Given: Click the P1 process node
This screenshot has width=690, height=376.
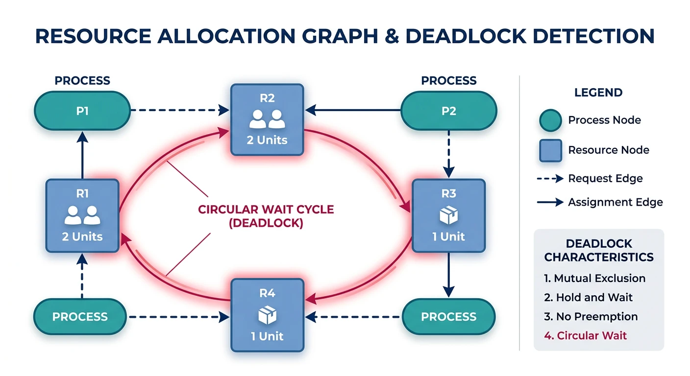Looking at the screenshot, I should [x=82, y=111].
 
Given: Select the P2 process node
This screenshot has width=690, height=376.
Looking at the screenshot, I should [x=448, y=111].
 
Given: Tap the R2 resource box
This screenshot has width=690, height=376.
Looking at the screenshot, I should [x=267, y=119].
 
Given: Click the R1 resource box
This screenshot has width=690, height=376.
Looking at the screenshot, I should [x=82, y=215].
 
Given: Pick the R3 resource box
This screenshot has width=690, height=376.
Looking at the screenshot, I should [x=448, y=215].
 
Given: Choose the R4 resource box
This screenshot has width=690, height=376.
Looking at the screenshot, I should [x=267, y=315].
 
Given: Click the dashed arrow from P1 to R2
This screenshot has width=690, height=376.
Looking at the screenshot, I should [x=179, y=110].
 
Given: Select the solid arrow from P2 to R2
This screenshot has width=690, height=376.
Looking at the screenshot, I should [x=353, y=110].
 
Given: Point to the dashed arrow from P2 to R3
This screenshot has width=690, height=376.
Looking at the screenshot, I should [x=448, y=154].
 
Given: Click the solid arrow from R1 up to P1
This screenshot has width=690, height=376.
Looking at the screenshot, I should [x=82, y=158].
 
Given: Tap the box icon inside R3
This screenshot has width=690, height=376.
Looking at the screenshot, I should [x=448, y=215].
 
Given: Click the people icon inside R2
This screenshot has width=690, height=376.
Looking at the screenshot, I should [x=267, y=119].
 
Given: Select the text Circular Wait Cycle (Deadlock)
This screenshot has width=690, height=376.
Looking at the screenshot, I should [x=266, y=216].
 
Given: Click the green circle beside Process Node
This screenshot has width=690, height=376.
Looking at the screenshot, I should [x=550, y=120].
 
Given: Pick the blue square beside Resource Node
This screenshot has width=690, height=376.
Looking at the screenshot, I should [x=550, y=150].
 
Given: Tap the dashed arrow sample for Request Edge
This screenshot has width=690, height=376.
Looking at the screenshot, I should [x=550, y=179].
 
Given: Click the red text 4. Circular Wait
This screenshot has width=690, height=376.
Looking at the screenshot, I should [x=585, y=335].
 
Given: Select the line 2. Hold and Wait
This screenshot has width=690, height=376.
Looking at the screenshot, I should [x=588, y=297].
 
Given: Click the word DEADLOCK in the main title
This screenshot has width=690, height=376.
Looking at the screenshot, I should [x=478, y=36].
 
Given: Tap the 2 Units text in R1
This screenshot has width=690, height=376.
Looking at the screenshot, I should [x=82, y=236].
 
